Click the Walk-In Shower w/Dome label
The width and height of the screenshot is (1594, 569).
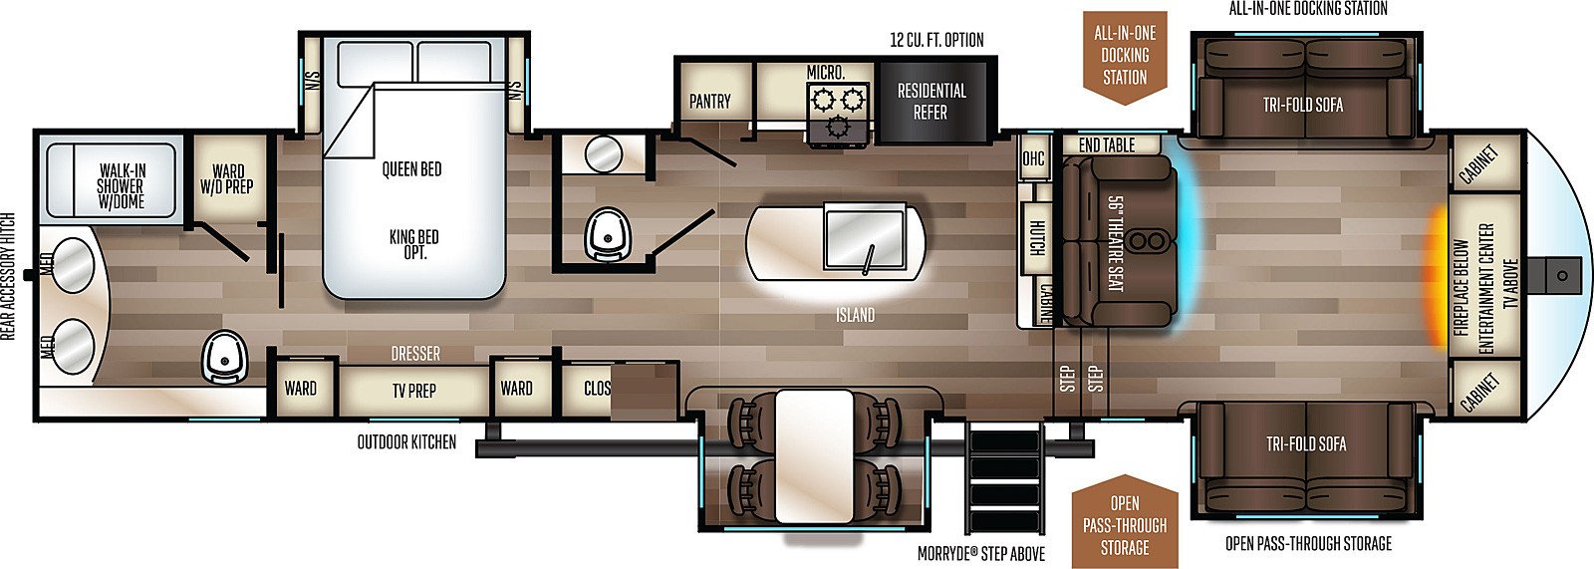(x=122, y=186)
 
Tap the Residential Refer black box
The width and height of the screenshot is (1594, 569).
(x=932, y=102)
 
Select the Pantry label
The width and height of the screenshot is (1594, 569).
(x=710, y=101)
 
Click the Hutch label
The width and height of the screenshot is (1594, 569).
(x=1037, y=238)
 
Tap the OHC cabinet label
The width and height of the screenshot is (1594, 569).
(x=1032, y=157)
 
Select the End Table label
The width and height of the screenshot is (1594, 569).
(x=1107, y=145)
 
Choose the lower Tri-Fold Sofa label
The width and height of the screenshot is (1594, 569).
(x=1306, y=444)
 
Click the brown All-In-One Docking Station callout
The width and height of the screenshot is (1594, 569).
(x=1125, y=57)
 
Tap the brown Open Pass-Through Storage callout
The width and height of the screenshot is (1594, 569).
(x=1125, y=523)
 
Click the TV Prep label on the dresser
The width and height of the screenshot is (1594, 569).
(x=413, y=391)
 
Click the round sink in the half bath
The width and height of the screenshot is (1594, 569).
(x=604, y=153)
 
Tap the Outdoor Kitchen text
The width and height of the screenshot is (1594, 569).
(x=406, y=442)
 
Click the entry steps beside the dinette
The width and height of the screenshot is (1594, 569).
(x=1005, y=478)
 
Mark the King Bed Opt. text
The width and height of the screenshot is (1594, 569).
(x=414, y=244)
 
